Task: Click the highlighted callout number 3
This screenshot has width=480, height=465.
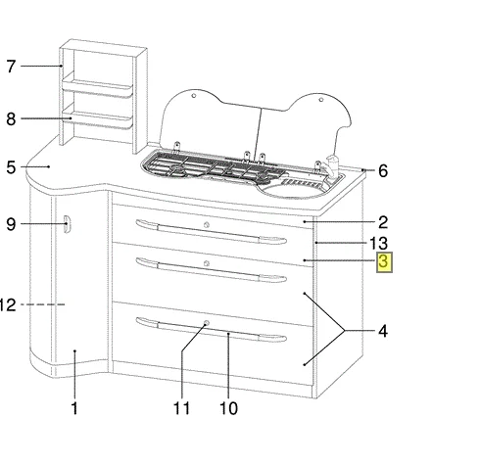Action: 384,262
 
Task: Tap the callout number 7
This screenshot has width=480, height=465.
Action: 11,67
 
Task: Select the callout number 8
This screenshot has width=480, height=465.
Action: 11,118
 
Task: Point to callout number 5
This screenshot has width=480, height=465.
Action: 11,167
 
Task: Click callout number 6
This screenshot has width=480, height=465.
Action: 383,171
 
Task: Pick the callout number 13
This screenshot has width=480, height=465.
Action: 378,244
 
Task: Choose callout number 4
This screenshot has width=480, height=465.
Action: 383,331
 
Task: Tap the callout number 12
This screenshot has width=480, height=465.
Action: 7,305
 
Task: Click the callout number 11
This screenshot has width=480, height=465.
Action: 181,408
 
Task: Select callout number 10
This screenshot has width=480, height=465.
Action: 228,408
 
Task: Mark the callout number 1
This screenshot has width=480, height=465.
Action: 74,408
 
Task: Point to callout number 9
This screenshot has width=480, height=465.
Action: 11,224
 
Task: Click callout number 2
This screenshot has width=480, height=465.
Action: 383,222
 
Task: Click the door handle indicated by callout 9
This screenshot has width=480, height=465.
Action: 67,224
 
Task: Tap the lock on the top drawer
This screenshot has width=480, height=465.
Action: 206,225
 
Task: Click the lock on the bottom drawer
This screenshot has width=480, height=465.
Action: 206,323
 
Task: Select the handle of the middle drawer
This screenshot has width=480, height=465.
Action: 211,270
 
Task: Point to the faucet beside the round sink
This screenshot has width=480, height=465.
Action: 332,165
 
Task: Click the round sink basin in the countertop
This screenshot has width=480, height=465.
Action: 293,189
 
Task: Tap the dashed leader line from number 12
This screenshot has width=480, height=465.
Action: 43,304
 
